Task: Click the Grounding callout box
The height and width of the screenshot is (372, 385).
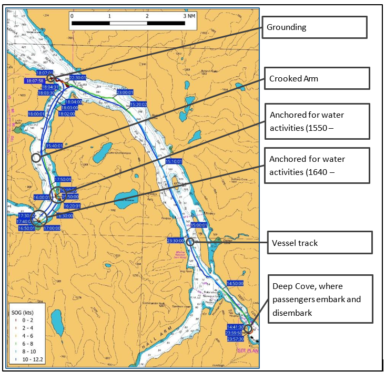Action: (313, 27)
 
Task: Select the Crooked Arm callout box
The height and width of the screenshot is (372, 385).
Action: (317, 79)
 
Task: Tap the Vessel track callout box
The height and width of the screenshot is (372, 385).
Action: (319, 243)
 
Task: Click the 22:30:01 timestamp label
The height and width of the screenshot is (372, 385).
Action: (78, 77)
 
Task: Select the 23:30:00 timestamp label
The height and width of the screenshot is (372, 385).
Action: (176, 241)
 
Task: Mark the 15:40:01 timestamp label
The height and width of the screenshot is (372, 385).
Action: (55, 146)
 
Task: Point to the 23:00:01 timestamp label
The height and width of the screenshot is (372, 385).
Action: (125, 92)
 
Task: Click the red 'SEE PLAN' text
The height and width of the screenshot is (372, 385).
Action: (247, 350)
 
